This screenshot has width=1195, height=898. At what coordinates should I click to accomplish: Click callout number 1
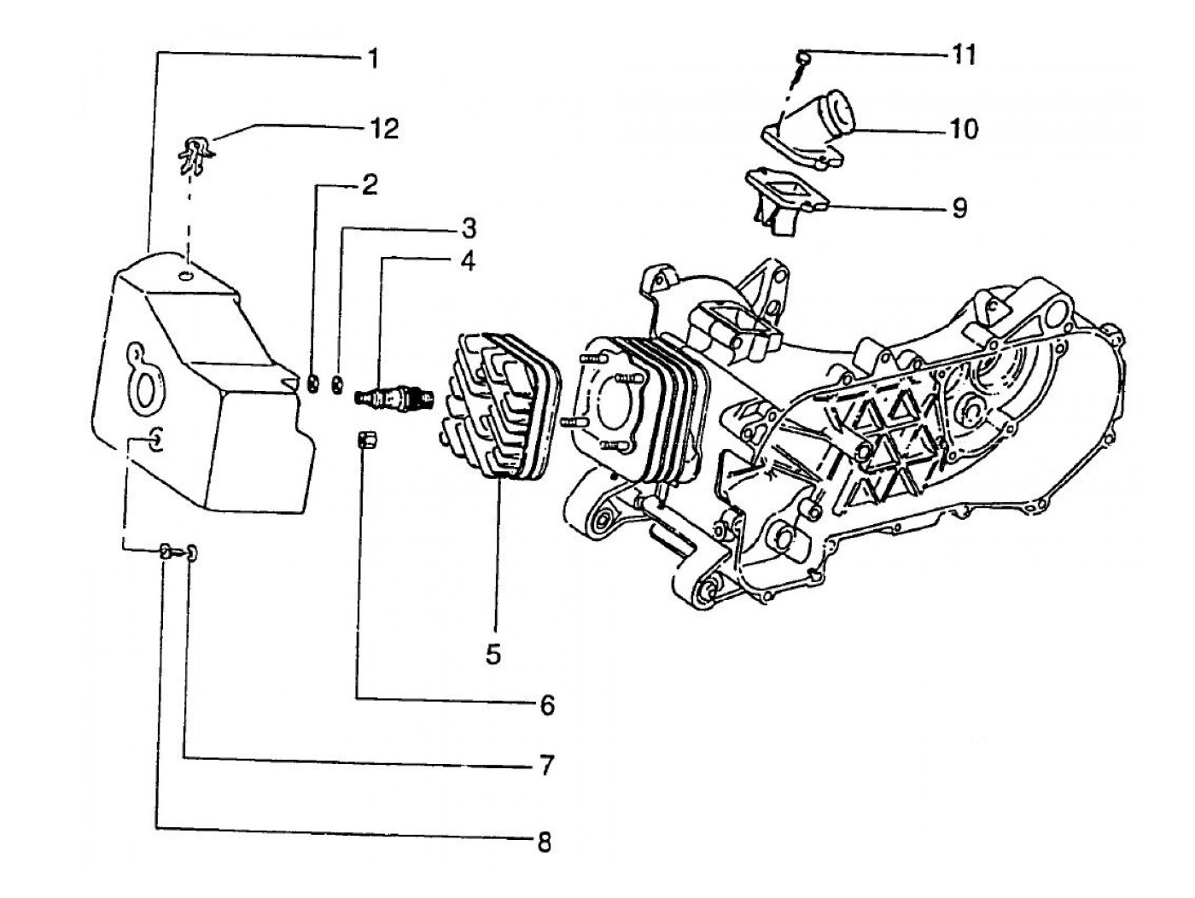(373, 58)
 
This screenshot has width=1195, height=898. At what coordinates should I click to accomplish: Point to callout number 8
(544, 842)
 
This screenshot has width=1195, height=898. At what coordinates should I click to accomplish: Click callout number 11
(964, 55)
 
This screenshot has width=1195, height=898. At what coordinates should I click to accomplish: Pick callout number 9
(959, 207)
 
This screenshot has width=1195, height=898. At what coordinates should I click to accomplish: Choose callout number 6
(546, 705)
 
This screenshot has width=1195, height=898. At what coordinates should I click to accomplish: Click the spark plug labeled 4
(394, 398)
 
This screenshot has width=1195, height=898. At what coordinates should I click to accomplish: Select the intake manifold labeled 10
(811, 128)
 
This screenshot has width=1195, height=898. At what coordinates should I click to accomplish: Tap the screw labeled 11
(802, 61)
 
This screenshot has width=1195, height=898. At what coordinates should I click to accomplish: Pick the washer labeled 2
(313, 384)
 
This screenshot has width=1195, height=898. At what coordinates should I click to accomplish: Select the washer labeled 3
(338, 385)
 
